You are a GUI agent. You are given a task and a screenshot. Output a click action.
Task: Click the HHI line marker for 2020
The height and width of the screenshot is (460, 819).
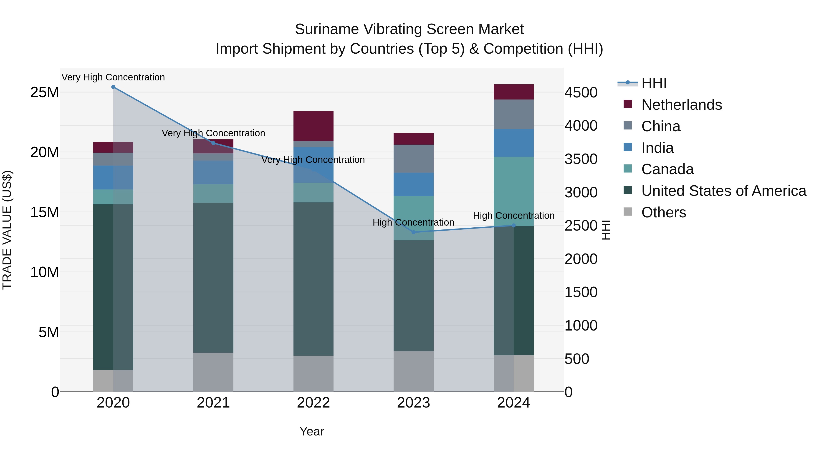coord(113,87)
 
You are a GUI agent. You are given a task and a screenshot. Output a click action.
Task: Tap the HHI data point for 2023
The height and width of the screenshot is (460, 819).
coord(413,232)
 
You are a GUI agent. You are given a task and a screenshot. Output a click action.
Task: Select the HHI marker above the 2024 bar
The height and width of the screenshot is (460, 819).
coord(513,225)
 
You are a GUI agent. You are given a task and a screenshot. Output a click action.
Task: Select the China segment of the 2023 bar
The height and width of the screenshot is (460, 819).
coord(413,159)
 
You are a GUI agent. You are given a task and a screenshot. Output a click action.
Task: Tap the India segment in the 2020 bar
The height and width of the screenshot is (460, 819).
coord(113,177)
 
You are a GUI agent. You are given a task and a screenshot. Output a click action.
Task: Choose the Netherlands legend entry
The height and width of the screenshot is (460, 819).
coord(681,105)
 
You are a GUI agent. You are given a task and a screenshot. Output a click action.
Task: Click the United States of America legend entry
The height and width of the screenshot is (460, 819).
coord(723,191)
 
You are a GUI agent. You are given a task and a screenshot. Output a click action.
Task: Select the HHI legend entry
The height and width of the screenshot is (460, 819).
coord(653,83)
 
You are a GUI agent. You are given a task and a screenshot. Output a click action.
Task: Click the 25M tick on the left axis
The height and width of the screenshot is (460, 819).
coord(45,92)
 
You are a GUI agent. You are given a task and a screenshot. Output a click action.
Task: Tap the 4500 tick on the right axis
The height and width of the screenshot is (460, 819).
coord(581,93)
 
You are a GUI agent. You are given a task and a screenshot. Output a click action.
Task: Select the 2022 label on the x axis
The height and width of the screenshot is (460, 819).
coord(313,403)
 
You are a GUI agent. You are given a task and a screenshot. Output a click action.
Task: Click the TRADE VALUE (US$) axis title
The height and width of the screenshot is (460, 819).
coord(7,230)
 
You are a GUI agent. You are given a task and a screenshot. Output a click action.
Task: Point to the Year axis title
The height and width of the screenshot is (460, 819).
coord(312,431)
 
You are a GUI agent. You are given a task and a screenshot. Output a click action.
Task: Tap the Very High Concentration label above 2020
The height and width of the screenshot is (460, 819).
coord(113,77)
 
